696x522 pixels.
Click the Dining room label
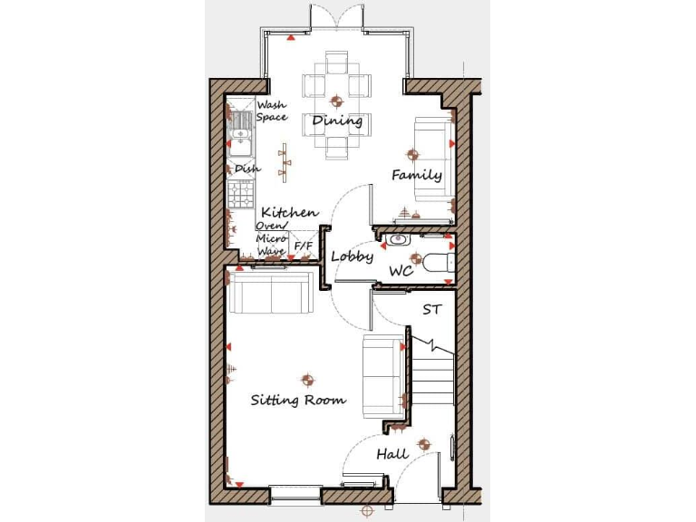pos(337,121)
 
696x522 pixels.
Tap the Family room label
pos(416,175)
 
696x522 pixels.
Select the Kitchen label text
pos(289,212)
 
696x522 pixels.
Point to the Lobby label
pos(352,256)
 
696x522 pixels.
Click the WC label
pos(401,271)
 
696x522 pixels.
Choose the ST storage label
pos(432,310)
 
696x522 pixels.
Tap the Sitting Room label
pos(298,400)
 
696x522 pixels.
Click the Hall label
pos(392,453)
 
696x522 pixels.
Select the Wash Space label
pos(271,111)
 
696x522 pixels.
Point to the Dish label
pos(247,169)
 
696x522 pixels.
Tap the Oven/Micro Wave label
pos(271,238)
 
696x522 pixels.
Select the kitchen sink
pos(241,134)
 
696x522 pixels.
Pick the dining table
pos(336,104)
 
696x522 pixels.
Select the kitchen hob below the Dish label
pos(241,193)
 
